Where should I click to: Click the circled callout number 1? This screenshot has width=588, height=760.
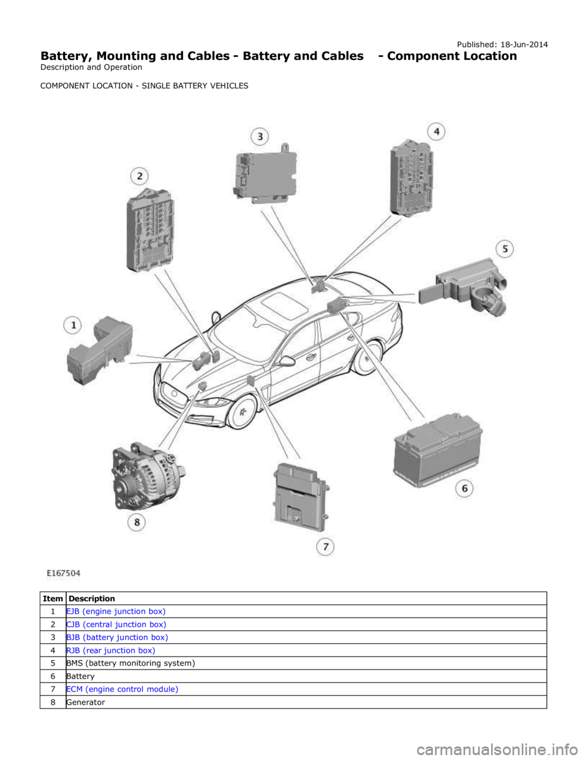click(72, 326)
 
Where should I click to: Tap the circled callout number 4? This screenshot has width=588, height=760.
click(437, 132)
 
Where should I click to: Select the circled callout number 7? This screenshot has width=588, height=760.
click(325, 546)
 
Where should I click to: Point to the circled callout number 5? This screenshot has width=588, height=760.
click(505, 249)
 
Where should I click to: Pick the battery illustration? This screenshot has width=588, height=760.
click(438, 451)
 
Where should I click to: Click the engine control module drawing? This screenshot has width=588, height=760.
click(300, 497)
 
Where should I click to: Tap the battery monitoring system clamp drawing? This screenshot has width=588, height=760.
click(462, 286)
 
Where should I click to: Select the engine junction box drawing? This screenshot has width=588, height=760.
click(100, 351)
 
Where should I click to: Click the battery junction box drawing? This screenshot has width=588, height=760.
click(265, 173)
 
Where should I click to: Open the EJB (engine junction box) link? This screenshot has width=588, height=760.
click(116, 611)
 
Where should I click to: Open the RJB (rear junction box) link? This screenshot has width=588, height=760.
click(111, 650)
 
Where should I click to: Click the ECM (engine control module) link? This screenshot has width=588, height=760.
click(122, 689)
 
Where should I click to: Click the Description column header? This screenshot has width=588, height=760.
click(92, 598)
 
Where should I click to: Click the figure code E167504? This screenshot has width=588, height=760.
click(64, 573)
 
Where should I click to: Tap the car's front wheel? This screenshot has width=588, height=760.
click(243, 412)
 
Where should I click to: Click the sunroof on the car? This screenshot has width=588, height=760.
click(286, 306)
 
